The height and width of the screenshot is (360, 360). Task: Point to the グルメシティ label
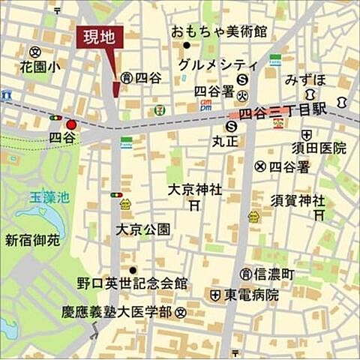218,64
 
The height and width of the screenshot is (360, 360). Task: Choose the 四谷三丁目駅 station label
283,112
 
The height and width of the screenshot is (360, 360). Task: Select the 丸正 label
225,139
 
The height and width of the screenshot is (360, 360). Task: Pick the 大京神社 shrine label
194,190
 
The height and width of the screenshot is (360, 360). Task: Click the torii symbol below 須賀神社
319,214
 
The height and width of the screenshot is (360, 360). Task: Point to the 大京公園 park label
142,229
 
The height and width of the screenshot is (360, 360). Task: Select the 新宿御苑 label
31,240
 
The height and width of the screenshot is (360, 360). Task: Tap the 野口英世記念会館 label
131,284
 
